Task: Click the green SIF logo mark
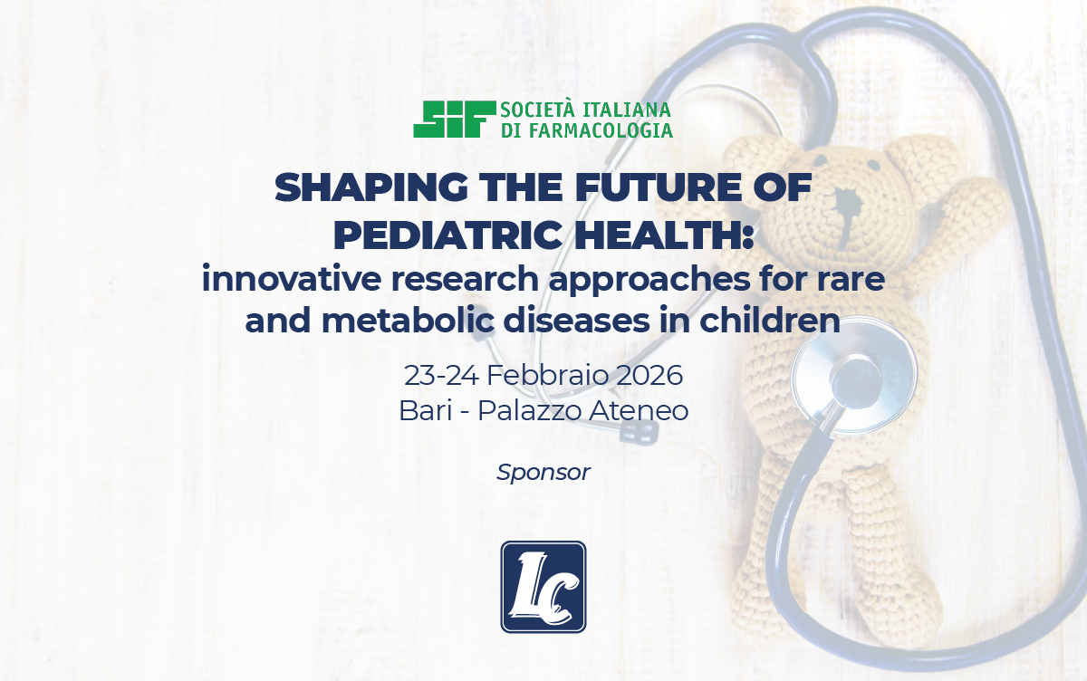point(455,120)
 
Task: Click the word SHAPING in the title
point(370,188)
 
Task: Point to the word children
point(770,321)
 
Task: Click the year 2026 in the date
point(649,376)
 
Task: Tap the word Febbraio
point(547,376)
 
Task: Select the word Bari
point(426,411)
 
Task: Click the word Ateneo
point(639,411)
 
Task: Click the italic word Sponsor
point(543,473)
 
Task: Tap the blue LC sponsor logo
point(543,587)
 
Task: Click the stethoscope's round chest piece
point(855,375)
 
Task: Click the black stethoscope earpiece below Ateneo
point(640,431)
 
